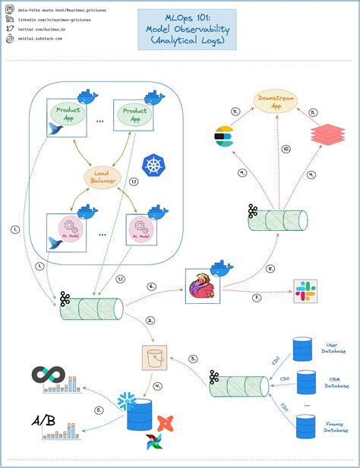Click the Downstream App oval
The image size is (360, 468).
(275, 103)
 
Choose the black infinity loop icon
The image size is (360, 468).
(46, 376)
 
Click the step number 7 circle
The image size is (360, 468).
(256, 298)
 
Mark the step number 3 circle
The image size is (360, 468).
(194, 358)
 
